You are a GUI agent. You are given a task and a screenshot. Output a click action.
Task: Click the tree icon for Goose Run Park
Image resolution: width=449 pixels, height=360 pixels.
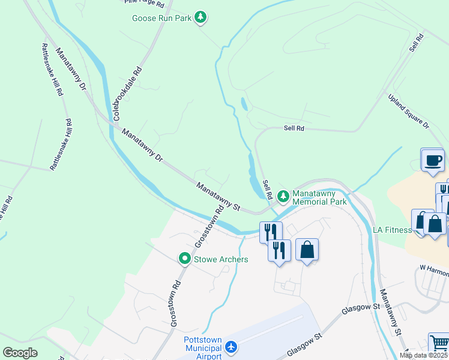201,18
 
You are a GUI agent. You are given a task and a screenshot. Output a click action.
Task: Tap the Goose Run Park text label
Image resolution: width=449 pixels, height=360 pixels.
161,18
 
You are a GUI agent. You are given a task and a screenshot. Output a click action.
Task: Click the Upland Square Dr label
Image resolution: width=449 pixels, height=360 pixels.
409,112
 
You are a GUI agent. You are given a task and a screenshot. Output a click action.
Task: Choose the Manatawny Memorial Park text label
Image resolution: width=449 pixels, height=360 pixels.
319,198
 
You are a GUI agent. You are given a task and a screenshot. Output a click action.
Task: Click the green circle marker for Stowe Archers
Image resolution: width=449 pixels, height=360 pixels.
185,259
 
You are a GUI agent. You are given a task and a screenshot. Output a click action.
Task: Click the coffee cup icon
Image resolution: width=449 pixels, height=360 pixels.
433,160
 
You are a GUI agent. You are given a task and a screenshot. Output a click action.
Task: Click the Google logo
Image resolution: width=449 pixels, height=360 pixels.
20,352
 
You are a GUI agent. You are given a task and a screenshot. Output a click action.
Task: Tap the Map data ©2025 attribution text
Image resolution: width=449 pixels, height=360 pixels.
423,355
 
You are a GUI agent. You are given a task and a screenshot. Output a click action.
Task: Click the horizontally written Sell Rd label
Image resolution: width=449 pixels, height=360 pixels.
294,128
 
